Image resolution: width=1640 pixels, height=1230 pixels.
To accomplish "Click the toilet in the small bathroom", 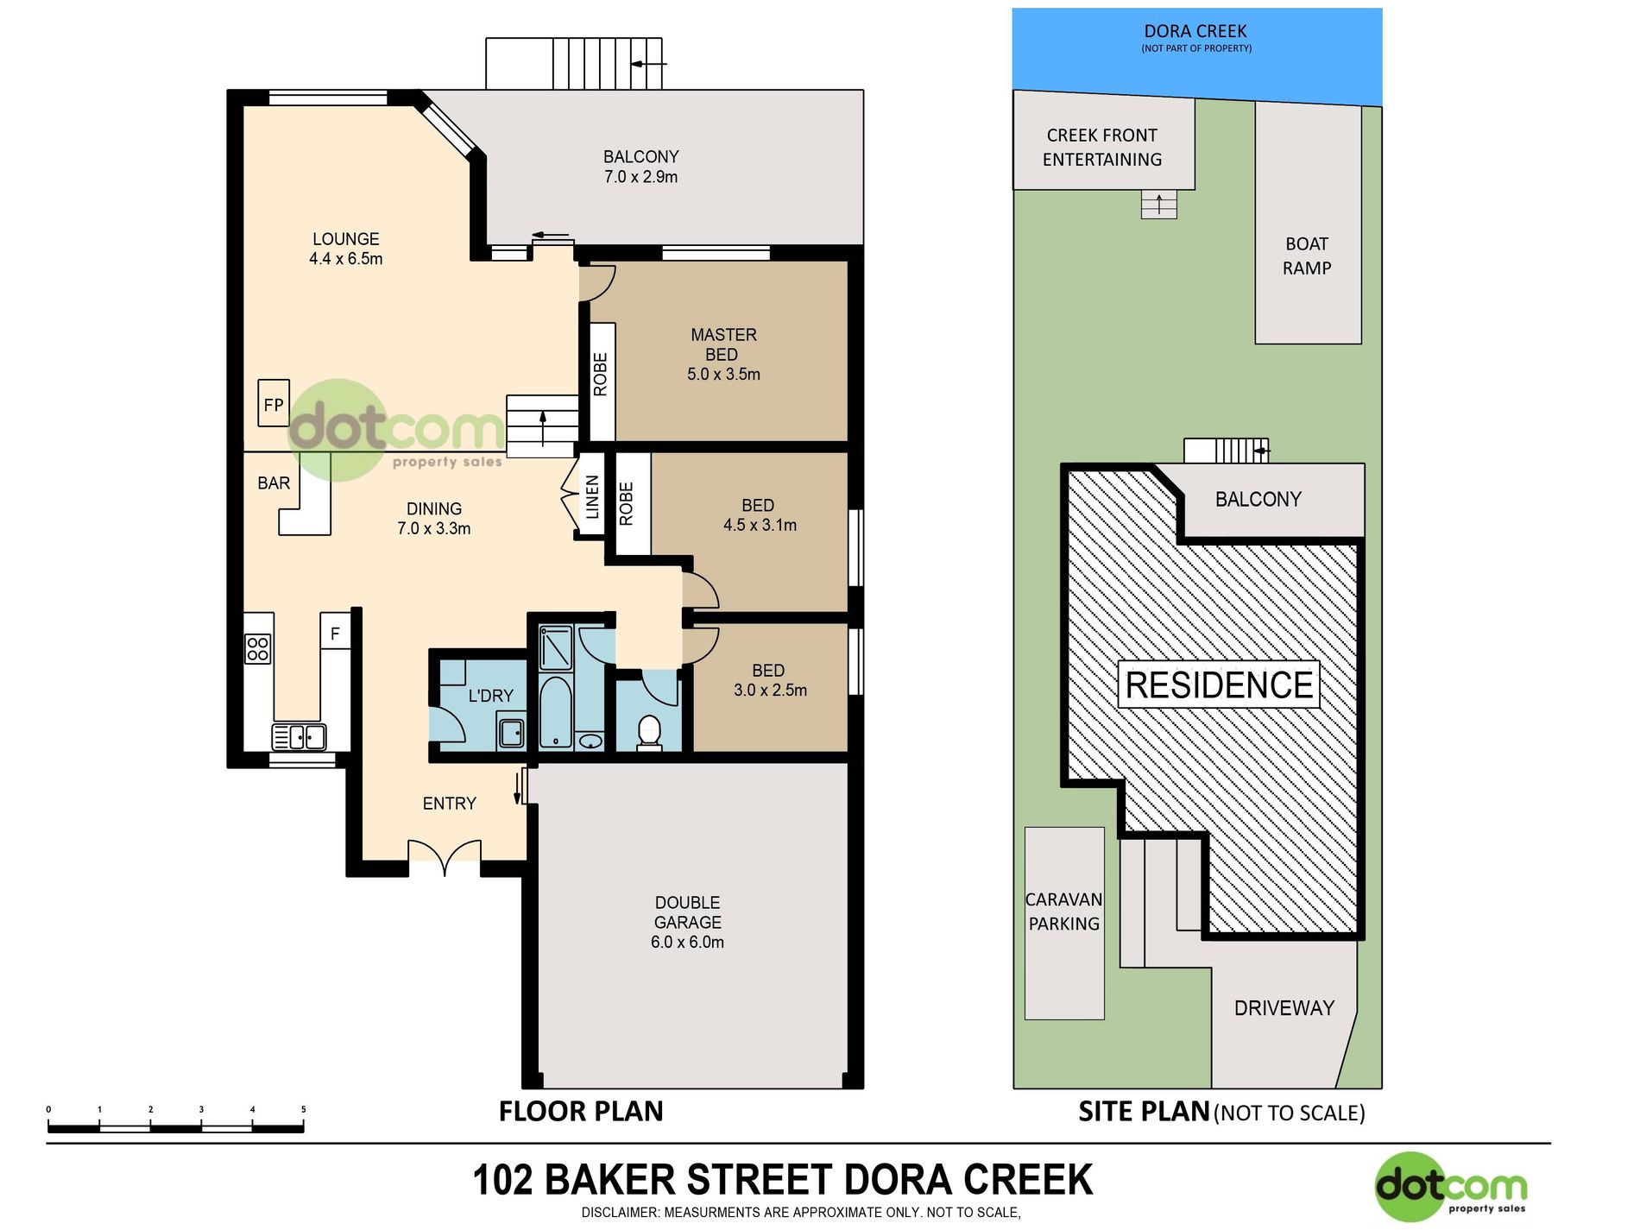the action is pyautogui.click(x=649, y=732).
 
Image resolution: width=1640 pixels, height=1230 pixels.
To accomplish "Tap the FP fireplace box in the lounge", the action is pyautogui.click(x=274, y=402).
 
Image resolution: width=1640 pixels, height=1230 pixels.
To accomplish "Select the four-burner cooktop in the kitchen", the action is pyautogui.click(x=258, y=649).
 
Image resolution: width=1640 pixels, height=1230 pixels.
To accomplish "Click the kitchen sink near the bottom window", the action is pyautogui.click(x=300, y=736).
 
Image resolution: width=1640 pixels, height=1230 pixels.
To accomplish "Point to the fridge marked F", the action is pyautogui.click(x=335, y=633).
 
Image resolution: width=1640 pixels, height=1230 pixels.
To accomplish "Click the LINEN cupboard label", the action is pyautogui.click(x=592, y=497).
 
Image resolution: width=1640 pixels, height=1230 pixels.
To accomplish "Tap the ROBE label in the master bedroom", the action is pyautogui.click(x=601, y=375).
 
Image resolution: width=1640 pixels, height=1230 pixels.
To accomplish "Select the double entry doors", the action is pyautogui.click(x=444, y=854).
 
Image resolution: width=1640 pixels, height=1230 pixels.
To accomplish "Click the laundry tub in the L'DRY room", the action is pyautogui.click(x=511, y=733).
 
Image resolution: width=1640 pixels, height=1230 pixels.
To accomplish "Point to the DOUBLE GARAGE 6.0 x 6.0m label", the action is pyautogui.click(x=688, y=922).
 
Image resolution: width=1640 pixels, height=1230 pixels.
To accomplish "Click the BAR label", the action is pyautogui.click(x=274, y=483).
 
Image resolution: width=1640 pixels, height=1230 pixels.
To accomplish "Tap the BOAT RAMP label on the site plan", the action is pyautogui.click(x=1307, y=255).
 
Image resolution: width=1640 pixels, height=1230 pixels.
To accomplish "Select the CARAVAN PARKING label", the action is pyautogui.click(x=1063, y=911).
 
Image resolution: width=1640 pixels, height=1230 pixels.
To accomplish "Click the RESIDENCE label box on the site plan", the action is pyautogui.click(x=1219, y=684).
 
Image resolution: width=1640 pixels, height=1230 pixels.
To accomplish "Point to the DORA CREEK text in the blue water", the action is pyautogui.click(x=1195, y=31).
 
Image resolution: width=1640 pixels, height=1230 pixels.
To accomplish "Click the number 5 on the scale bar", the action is pyautogui.click(x=304, y=1109).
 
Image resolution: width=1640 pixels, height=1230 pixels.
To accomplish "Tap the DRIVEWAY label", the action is pyautogui.click(x=1284, y=1007).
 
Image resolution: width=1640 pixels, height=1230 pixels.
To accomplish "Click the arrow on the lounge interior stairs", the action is pyautogui.click(x=543, y=428).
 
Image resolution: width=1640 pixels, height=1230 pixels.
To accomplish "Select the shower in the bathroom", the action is pyautogui.click(x=556, y=647).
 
